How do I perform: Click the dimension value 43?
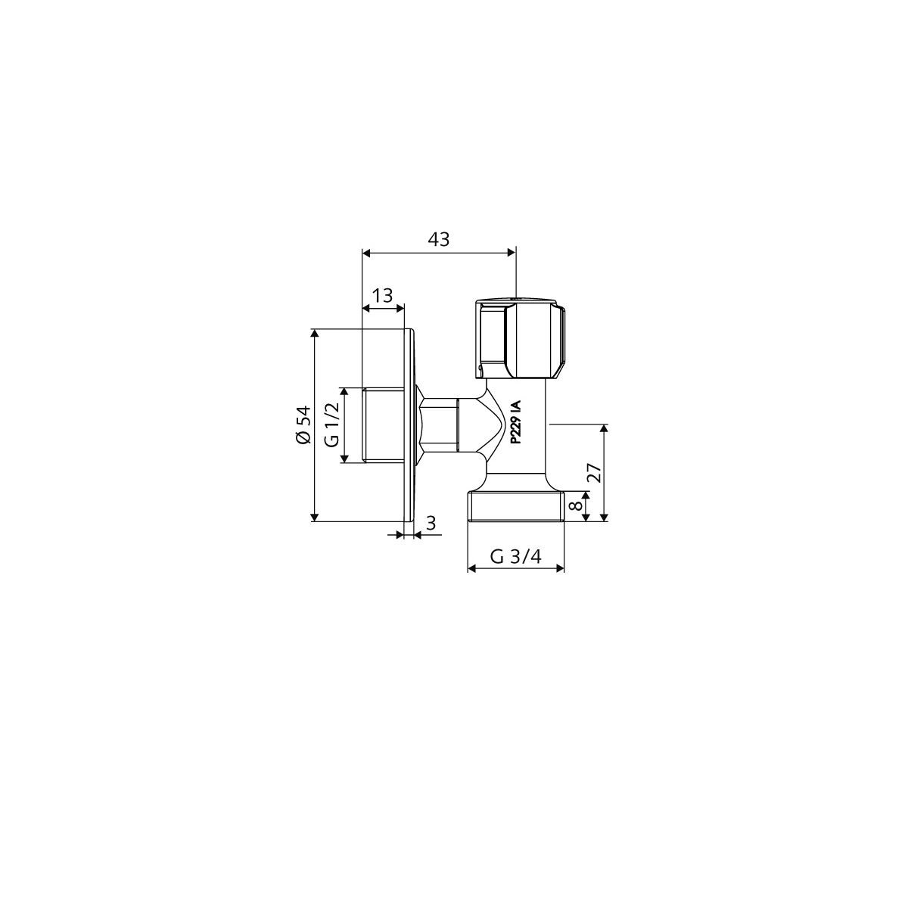pyautogui.click(x=438, y=239)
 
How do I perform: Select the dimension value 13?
pyautogui.click(x=382, y=295)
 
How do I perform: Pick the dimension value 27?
pyautogui.click(x=596, y=473)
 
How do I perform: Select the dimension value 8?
pyautogui.click(x=574, y=506)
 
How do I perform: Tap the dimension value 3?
pyautogui.click(x=431, y=523)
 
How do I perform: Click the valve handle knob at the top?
pyautogui.click(x=520, y=339)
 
